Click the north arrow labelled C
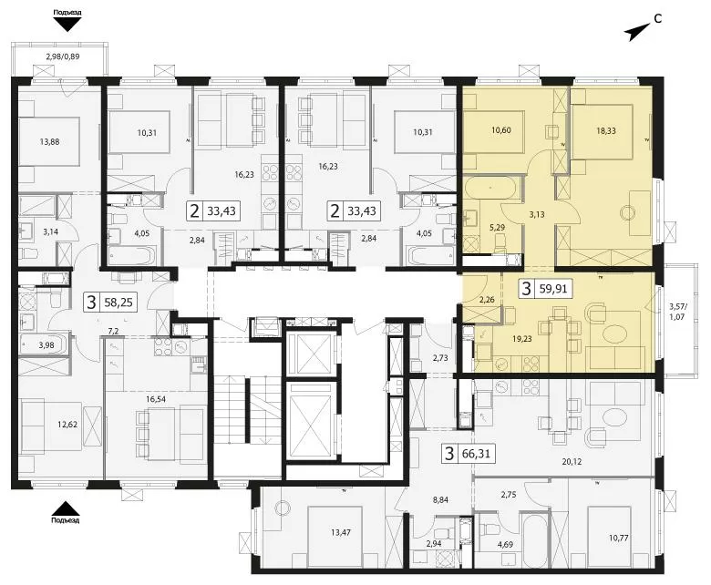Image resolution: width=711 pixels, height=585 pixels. point(637,33)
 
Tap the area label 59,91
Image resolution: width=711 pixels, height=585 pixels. point(553,289)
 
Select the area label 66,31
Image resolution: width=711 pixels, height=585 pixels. point(476,453)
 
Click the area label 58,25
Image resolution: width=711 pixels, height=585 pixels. point(118,303)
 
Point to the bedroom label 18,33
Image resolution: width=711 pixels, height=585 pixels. point(606,130)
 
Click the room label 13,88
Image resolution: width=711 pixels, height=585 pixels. point(49,141)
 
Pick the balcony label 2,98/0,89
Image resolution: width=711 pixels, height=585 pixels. point(63,56)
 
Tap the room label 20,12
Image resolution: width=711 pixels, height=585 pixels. point(572,462)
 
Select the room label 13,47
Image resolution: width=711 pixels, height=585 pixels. point(341,532)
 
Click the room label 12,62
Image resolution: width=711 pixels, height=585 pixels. point(67,425)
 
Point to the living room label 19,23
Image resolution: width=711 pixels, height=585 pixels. point(522,338)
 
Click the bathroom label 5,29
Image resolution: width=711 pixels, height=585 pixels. point(498,227)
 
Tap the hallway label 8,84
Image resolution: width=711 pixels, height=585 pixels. point(440,500)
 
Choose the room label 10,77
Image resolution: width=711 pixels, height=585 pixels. point(619,538)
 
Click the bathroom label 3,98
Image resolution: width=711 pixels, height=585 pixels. point(46,344)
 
